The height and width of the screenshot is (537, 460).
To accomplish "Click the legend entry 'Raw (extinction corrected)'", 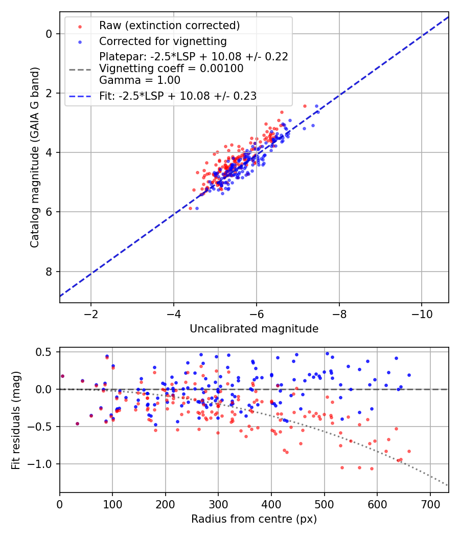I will coord(169,26).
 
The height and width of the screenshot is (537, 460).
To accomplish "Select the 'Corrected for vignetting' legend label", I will coord(163,41).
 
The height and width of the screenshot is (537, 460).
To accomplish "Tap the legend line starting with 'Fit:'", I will coord(178,96).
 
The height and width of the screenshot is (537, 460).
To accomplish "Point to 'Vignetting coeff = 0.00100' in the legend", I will coord(171,68).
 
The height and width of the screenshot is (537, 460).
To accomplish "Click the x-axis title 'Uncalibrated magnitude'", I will coord(254,328).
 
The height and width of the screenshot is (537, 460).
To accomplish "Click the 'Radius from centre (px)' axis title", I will coord(254,519).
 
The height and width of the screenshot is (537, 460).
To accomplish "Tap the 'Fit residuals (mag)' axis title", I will coord(16,420).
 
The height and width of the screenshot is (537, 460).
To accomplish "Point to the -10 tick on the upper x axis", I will coord(422,312).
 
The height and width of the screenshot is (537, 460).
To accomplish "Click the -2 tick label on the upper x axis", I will coord(91,312).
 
